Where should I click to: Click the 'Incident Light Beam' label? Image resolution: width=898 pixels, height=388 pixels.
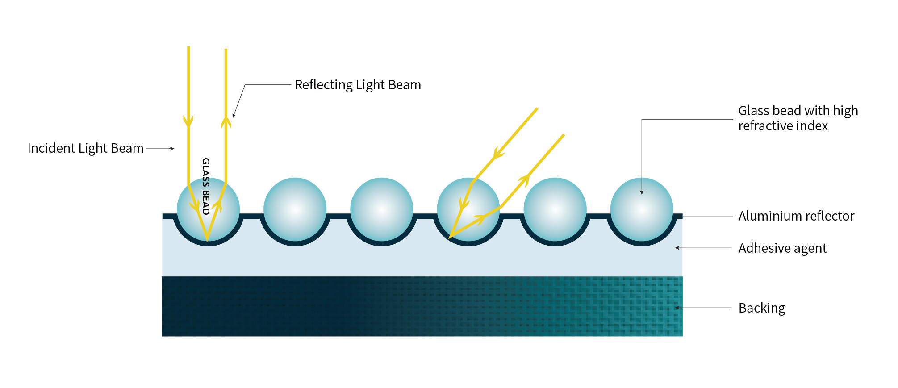(x=85, y=148)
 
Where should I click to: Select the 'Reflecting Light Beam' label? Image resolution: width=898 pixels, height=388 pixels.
(x=358, y=85)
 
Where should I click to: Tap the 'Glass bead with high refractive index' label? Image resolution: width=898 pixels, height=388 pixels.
(x=798, y=118)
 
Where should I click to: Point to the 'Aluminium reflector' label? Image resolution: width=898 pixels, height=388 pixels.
(x=796, y=216)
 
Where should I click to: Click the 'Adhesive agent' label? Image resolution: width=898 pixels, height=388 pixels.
(x=782, y=248)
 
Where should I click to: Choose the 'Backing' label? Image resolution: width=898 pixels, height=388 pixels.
(x=762, y=308)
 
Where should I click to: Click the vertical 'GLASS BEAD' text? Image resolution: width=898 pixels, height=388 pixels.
(x=206, y=186)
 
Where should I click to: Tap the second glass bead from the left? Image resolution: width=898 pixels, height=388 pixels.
(x=295, y=209)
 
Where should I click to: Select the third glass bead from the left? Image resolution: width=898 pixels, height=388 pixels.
(x=381, y=209)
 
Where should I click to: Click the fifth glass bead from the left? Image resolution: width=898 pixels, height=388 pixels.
(x=555, y=209)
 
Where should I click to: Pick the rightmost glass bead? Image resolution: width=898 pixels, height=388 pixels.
(x=642, y=209)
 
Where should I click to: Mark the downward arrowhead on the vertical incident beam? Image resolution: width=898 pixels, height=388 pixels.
(x=188, y=121)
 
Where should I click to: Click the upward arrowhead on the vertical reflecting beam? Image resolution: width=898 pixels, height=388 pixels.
(x=226, y=122)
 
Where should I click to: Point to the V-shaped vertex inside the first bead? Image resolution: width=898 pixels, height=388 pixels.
(x=207, y=240)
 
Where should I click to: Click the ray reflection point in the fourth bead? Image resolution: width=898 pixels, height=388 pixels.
(x=450, y=237)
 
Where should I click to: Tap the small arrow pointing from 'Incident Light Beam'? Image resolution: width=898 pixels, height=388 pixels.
(x=160, y=149)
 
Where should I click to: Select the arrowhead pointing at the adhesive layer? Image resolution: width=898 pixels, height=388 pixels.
(x=677, y=248)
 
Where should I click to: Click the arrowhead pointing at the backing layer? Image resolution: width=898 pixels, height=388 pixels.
(x=677, y=308)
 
